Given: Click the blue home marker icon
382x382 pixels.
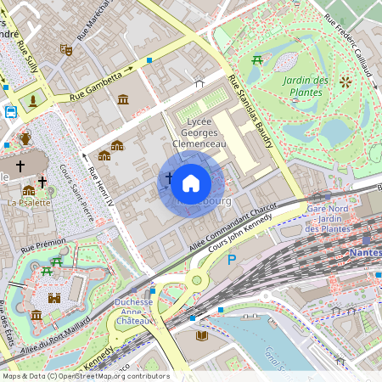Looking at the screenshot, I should pos(191,183).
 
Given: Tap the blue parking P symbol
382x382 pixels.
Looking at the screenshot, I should pos(232,259).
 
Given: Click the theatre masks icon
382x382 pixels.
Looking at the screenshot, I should pos(65,50).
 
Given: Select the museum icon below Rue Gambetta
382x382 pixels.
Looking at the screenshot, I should pos(123,101).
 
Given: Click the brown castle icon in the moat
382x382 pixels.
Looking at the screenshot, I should pos(54,298).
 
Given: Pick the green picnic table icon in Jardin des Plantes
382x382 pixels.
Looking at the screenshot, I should pos(256,59).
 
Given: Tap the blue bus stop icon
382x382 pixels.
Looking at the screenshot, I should pos(11,111).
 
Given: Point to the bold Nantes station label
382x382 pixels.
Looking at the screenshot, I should pos(364,253).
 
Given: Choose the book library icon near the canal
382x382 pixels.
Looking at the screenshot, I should pos(202,336).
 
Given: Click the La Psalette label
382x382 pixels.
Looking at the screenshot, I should pos(29,203).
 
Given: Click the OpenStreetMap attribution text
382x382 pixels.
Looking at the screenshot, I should pos(85,376).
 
